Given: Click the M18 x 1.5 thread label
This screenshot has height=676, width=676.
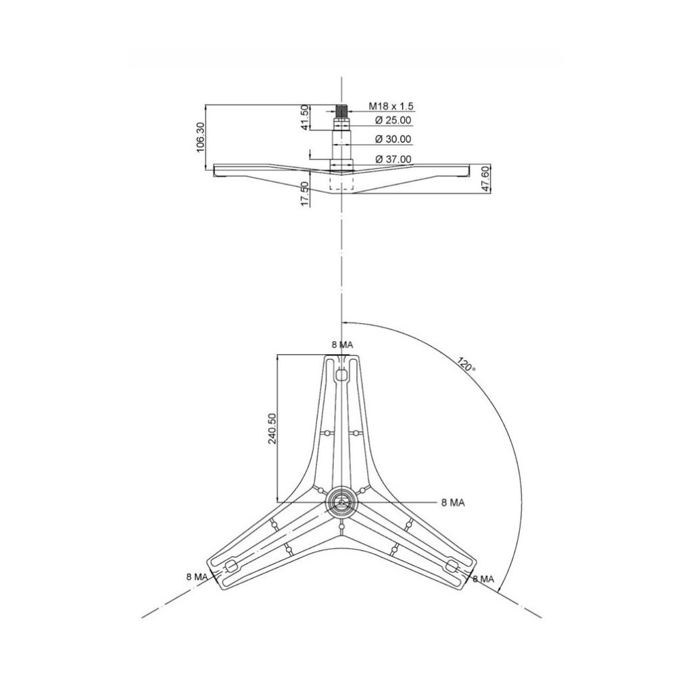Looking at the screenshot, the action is pyautogui.click(x=391, y=106).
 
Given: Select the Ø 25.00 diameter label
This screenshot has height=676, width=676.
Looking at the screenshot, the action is pyautogui.click(x=393, y=120).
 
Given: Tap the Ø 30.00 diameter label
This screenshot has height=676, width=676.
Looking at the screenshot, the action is pyautogui.click(x=393, y=139).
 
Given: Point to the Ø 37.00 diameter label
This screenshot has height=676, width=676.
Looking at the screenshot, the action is pyautogui.click(x=393, y=159).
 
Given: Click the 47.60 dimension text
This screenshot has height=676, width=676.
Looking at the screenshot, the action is pyautogui.click(x=486, y=178).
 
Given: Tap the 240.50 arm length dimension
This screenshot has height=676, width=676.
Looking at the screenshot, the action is pyautogui.click(x=272, y=428).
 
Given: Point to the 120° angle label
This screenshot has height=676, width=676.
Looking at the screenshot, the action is pyautogui.click(x=467, y=365).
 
